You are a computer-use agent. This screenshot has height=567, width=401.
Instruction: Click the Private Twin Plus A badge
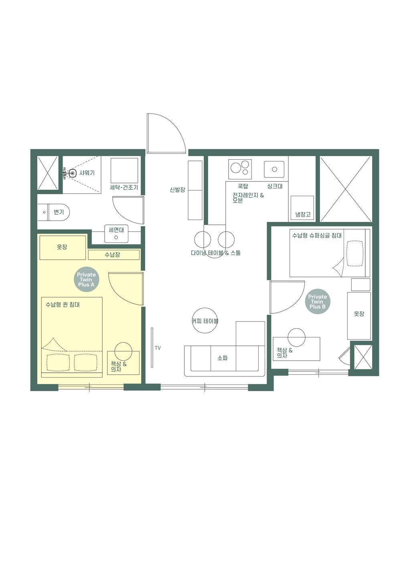click(86, 280)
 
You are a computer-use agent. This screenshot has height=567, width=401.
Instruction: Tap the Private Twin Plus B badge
click(317, 302)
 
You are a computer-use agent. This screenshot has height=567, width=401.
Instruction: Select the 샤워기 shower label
click(87, 173)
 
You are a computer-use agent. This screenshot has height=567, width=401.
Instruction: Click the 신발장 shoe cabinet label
click(177, 190)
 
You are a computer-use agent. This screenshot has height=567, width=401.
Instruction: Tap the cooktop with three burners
click(240, 169)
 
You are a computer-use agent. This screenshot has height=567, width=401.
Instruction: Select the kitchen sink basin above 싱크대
click(274, 169)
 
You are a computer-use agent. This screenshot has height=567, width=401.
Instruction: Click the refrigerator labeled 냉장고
click(302, 208)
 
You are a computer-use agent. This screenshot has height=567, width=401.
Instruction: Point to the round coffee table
click(205, 321)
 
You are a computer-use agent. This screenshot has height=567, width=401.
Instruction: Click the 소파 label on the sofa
click(223, 358)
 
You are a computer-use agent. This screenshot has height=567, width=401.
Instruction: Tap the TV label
click(158, 348)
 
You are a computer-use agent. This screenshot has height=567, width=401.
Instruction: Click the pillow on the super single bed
click(354, 253)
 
